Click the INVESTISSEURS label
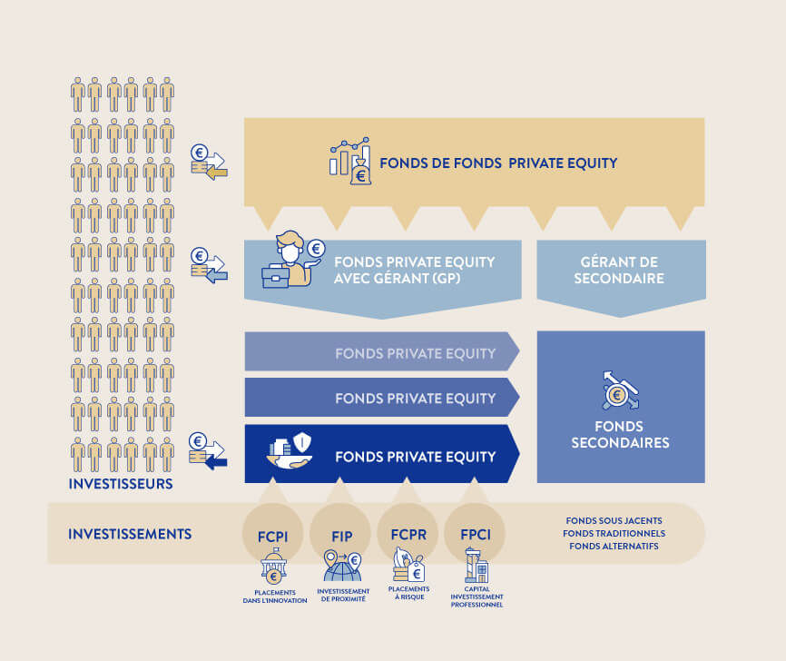(121, 484)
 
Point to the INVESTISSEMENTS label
(130, 534)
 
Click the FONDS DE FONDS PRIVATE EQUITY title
(498, 163)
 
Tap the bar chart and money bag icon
(350, 162)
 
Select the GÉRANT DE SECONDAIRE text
(619, 270)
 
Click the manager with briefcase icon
(293, 261)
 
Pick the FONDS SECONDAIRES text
(620, 435)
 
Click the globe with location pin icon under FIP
(342, 568)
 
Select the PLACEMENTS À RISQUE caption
(408, 593)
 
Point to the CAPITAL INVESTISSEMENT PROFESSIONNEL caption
(477, 597)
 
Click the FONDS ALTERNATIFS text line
(614, 546)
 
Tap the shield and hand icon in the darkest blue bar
(291, 452)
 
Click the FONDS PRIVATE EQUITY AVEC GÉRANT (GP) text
(414, 270)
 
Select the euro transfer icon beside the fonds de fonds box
(209, 162)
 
